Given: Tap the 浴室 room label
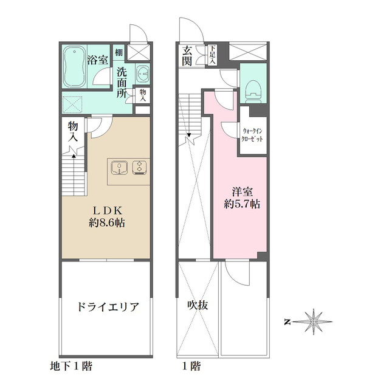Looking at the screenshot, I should (x=98, y=60).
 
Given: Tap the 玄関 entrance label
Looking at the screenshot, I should (x=187, y=55).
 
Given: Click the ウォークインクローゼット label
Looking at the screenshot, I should (x=252, y=134).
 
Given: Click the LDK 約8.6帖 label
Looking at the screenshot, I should (x=107, y=215).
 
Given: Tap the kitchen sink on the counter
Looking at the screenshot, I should (x=119, y=167).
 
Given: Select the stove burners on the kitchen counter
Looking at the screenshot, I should (x=140, y=167).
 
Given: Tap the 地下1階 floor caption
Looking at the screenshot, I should (x=71, y=367).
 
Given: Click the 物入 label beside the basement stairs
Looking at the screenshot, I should (x=73, y=131).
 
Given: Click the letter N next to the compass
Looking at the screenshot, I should (x=287, y=321).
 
